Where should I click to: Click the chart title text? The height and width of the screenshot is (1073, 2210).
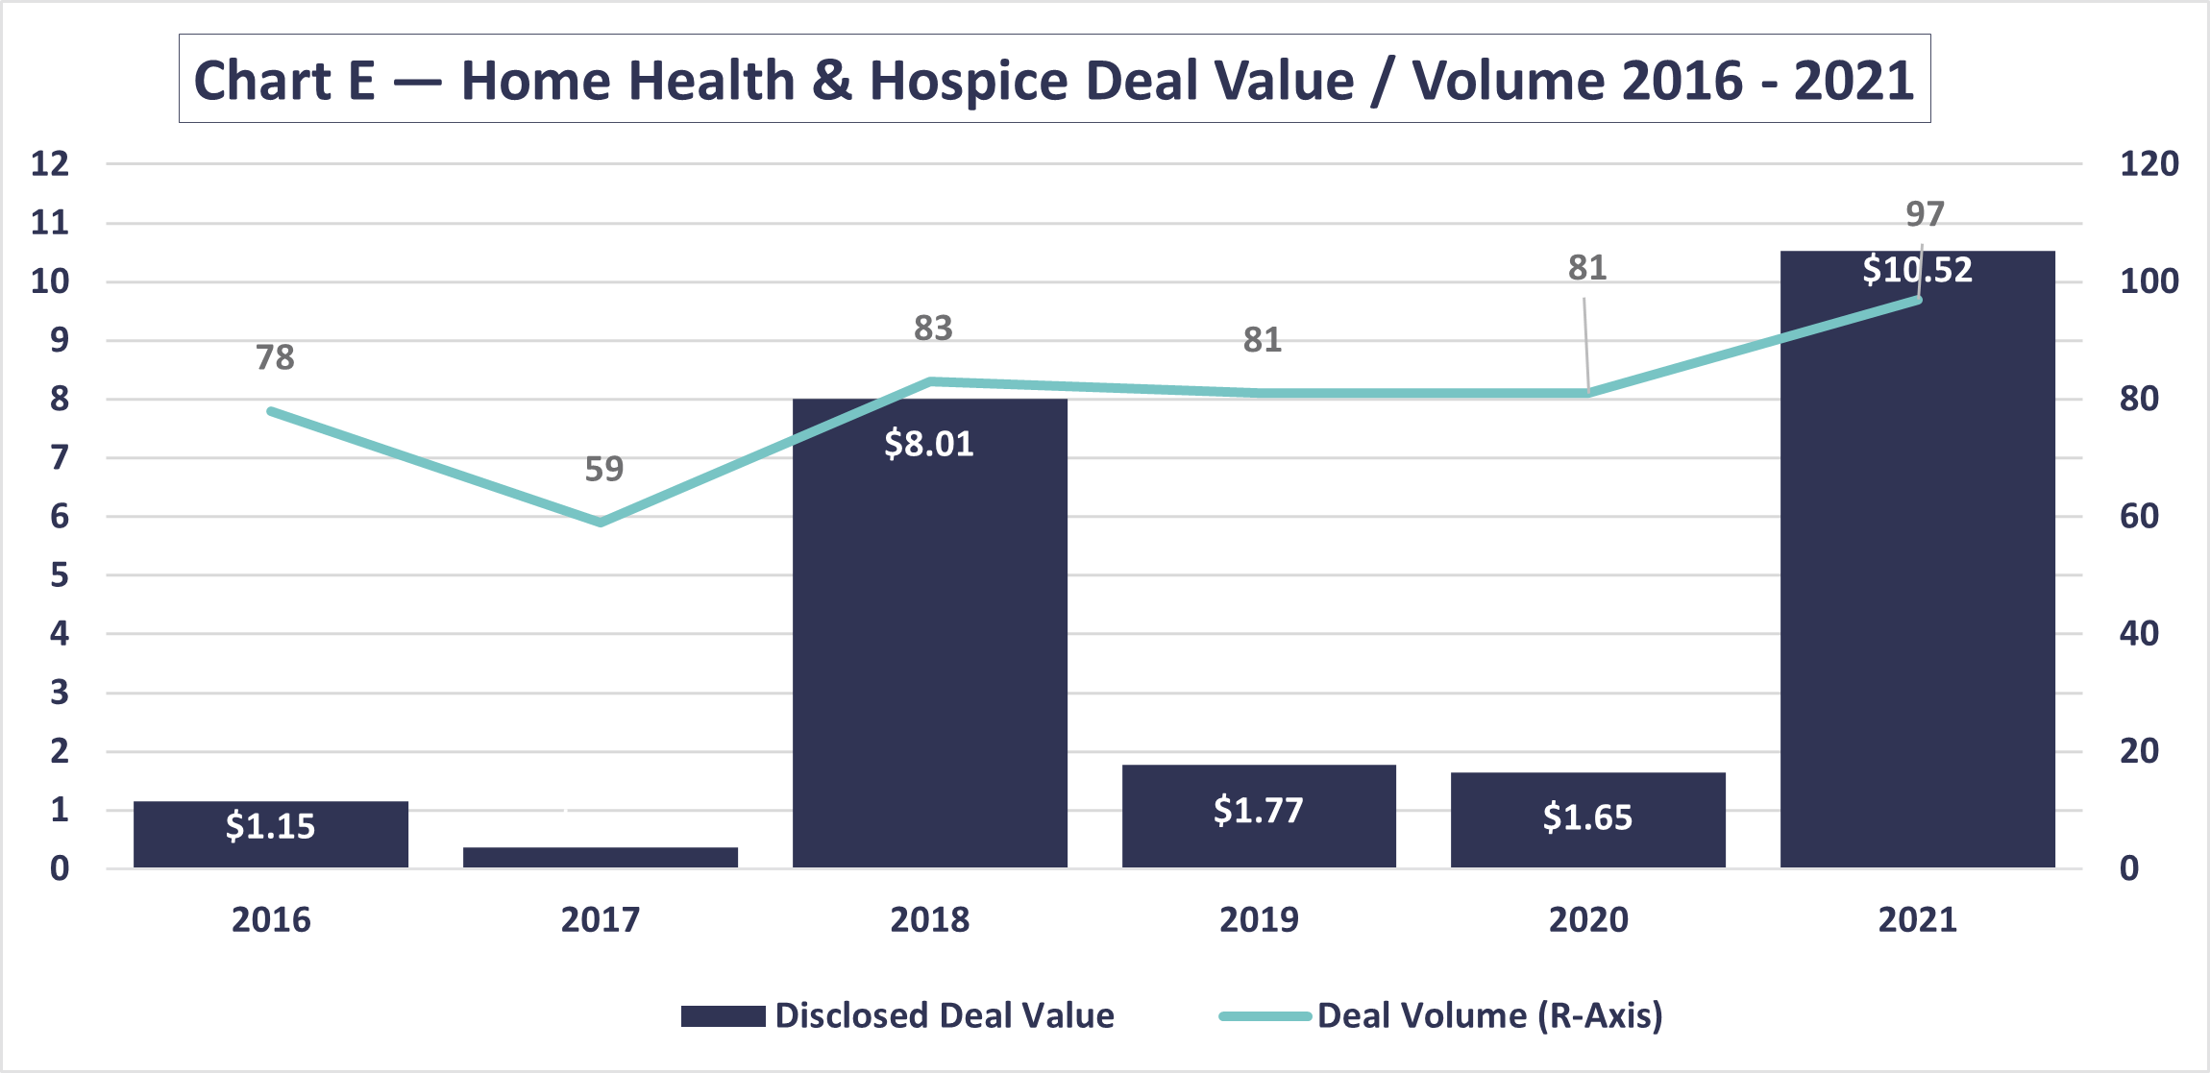pos(1054,80)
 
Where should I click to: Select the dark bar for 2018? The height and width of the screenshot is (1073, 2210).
pos(929,634)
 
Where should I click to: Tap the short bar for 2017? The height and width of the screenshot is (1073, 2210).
pos(601,857)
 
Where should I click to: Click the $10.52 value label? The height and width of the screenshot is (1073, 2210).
pos(1917,270)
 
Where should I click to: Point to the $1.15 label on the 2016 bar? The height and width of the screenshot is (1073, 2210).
pos(270,826)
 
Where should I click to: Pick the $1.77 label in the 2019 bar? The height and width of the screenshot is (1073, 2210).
pos(1259,811)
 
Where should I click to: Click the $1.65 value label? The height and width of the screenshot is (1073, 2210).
pos(1587,817)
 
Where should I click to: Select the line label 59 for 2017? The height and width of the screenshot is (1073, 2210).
pos(604,469)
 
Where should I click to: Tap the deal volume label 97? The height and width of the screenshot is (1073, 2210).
pos(1925,213)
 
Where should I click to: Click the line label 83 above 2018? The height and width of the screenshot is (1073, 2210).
pos(933,329)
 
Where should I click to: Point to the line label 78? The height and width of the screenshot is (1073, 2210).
pos(275,357)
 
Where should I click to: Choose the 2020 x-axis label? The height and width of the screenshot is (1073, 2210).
pos(1588,919)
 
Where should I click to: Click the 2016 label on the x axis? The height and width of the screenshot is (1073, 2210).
pos(271,919)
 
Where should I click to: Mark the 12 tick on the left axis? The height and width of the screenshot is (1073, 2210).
pos(50,163)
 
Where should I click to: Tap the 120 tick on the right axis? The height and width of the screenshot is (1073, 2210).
pos(2149,163)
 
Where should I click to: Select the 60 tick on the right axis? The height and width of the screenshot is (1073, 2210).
pos(2139,517)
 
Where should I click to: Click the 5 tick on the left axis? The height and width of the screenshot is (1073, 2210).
pos(60,575)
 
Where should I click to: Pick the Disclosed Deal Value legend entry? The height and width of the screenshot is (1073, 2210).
pos(897,1015)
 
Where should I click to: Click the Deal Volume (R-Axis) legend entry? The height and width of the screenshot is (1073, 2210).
pos(1441,1015)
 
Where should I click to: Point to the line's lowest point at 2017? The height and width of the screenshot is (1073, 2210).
pos(601,523)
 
